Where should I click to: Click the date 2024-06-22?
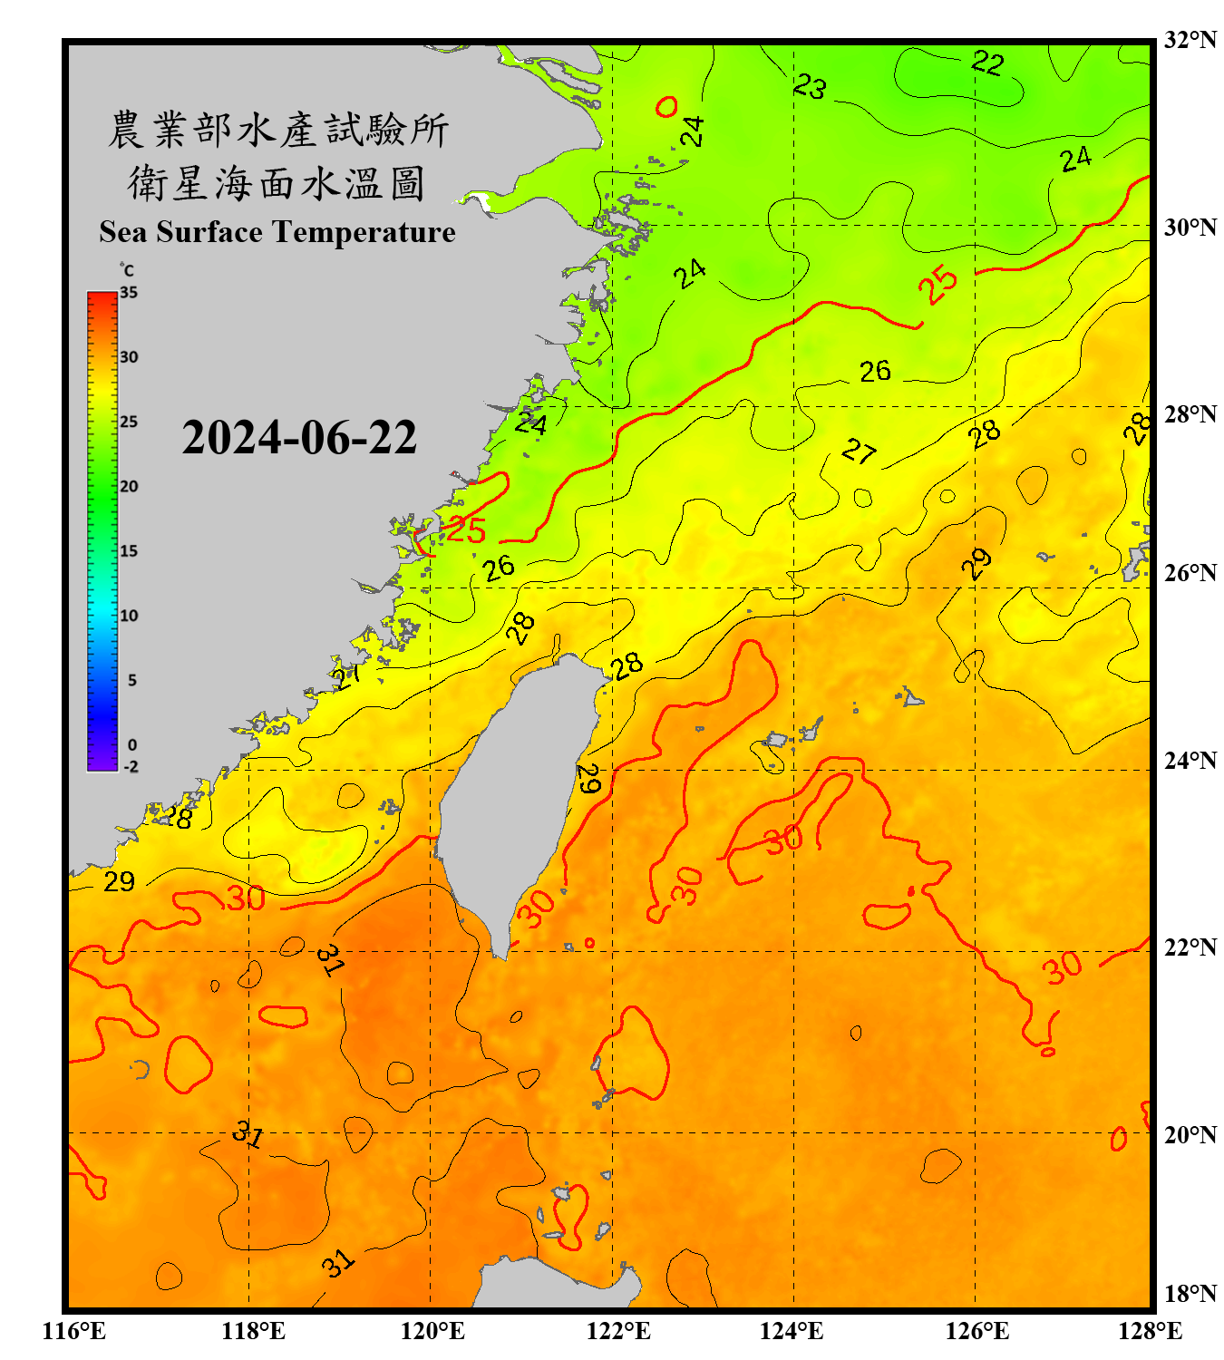(299, 438)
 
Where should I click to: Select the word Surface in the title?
(209, 232)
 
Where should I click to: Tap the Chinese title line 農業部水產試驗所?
(278, 130)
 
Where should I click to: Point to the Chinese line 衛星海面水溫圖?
(277, 183)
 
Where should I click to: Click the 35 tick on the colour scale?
(129, 293)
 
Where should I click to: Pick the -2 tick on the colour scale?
(131, 766)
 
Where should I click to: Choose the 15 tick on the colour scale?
(129, 551)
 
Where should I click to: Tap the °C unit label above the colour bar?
(127, 270)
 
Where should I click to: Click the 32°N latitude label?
(1190, 40)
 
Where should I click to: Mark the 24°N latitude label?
(1190, 761)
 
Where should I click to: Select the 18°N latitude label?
(1190, 1294)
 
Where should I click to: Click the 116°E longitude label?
(74, 1331)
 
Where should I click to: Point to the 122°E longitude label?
(618, 1331)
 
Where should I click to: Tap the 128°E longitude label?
(1150, 1331)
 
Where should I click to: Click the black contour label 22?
(987, 63)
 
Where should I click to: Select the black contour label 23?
(810, 86)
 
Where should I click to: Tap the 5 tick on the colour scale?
(131, 680)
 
